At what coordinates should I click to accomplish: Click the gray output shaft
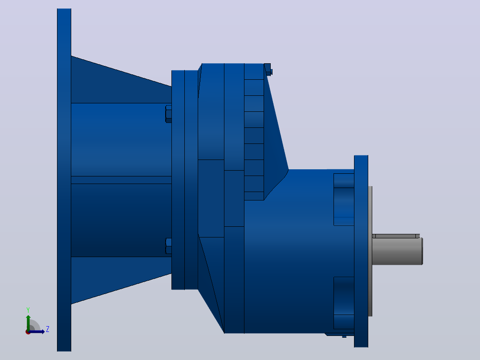tap(397, 251)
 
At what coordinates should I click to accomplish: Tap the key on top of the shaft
tap(395, 236)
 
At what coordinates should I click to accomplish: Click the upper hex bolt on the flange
tap(168, 114)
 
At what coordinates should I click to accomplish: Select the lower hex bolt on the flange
tap(168, 246)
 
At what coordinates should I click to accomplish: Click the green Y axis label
tap(28, 310)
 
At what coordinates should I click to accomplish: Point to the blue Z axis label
tap(48, 329)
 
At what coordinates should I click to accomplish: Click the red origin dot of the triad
tap(28, 332)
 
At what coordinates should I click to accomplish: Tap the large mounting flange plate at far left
tap(64, 180)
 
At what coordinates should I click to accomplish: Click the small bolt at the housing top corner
tap(268, 69)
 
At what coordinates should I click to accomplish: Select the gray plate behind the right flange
tap(370, 251)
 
